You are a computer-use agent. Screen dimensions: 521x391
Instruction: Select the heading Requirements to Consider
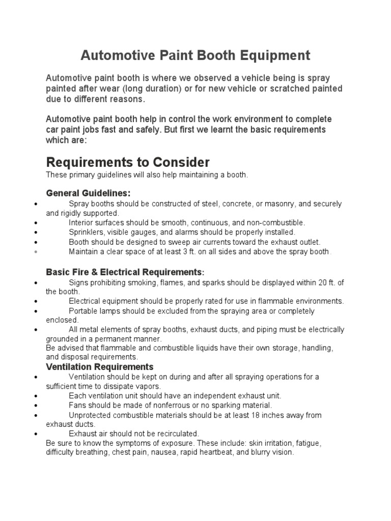[x=128, y=162]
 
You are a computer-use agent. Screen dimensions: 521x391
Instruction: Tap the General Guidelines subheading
[x=88, y=193]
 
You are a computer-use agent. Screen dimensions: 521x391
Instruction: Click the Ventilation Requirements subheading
[x=100, y=366]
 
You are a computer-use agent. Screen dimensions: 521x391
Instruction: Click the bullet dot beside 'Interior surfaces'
[x=35, y=223]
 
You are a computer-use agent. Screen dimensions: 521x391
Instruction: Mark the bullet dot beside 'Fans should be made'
[x=35, y=406]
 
